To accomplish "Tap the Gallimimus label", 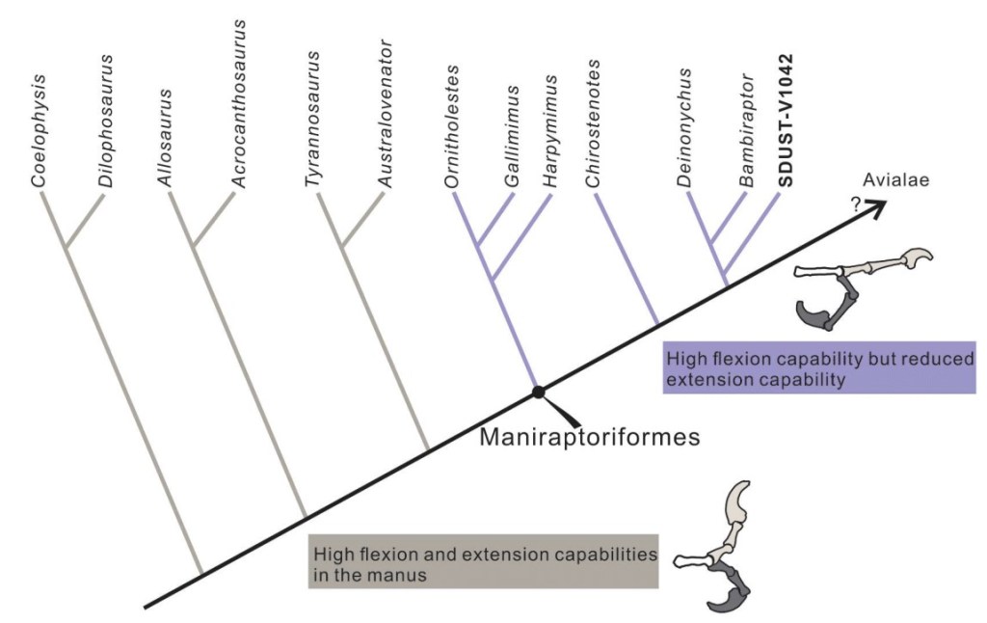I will (513, 135).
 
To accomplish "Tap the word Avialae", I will (894, 179).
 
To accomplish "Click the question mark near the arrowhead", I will (854, 203).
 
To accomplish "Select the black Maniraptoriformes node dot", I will (539, 393).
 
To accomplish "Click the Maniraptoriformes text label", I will (589, 437).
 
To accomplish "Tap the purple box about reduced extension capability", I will (819, 367).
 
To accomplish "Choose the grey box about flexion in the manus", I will (482, 560).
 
